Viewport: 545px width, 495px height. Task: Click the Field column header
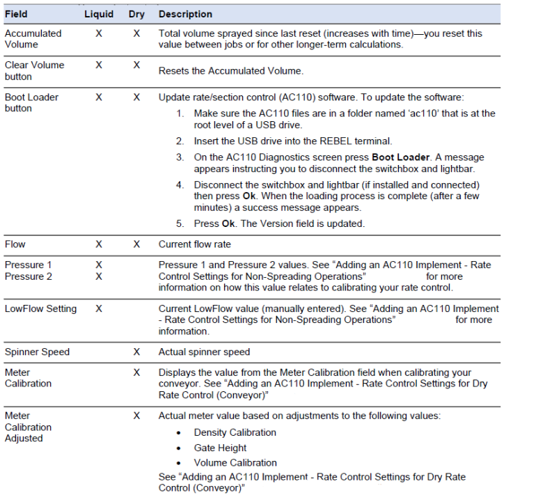[16, 14]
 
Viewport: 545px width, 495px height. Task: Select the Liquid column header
[99, 14]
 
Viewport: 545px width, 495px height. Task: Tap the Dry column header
[136, 14]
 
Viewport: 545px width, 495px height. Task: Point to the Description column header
[185, 14]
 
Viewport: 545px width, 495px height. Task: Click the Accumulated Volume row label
[33, 39]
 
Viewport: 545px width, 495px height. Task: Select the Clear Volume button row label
[34, 70]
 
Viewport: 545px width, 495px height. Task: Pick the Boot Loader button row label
[31, 102]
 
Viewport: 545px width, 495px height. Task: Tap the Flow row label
[15, 244]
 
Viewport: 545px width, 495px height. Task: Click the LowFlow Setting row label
[40, 308]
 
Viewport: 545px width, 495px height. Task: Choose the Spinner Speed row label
[37, 352]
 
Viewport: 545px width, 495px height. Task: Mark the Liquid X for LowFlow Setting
[99, 308]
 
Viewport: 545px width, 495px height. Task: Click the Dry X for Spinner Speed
[136, 352]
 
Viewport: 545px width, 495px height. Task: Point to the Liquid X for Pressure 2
[99, 276]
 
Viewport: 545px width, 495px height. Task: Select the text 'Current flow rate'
[194, 244]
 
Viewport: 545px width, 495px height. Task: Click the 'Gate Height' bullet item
[220, 448]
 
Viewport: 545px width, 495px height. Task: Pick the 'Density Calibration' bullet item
[235, 432]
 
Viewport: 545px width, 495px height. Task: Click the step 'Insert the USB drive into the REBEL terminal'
[293, 141]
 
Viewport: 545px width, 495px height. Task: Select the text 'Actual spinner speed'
[204, 352]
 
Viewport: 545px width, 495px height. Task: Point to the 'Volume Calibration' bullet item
[235, 462]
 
